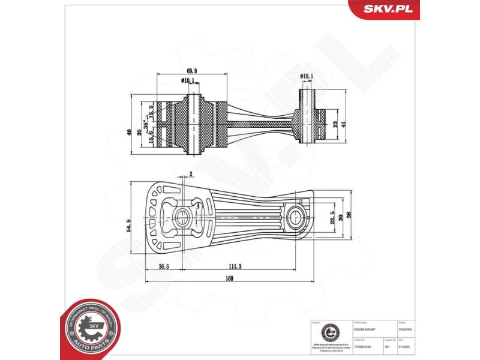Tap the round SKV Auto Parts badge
(90, 328)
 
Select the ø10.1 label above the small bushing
(307, 76)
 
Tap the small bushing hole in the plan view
(296, 215)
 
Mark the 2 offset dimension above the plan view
(191, 174)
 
